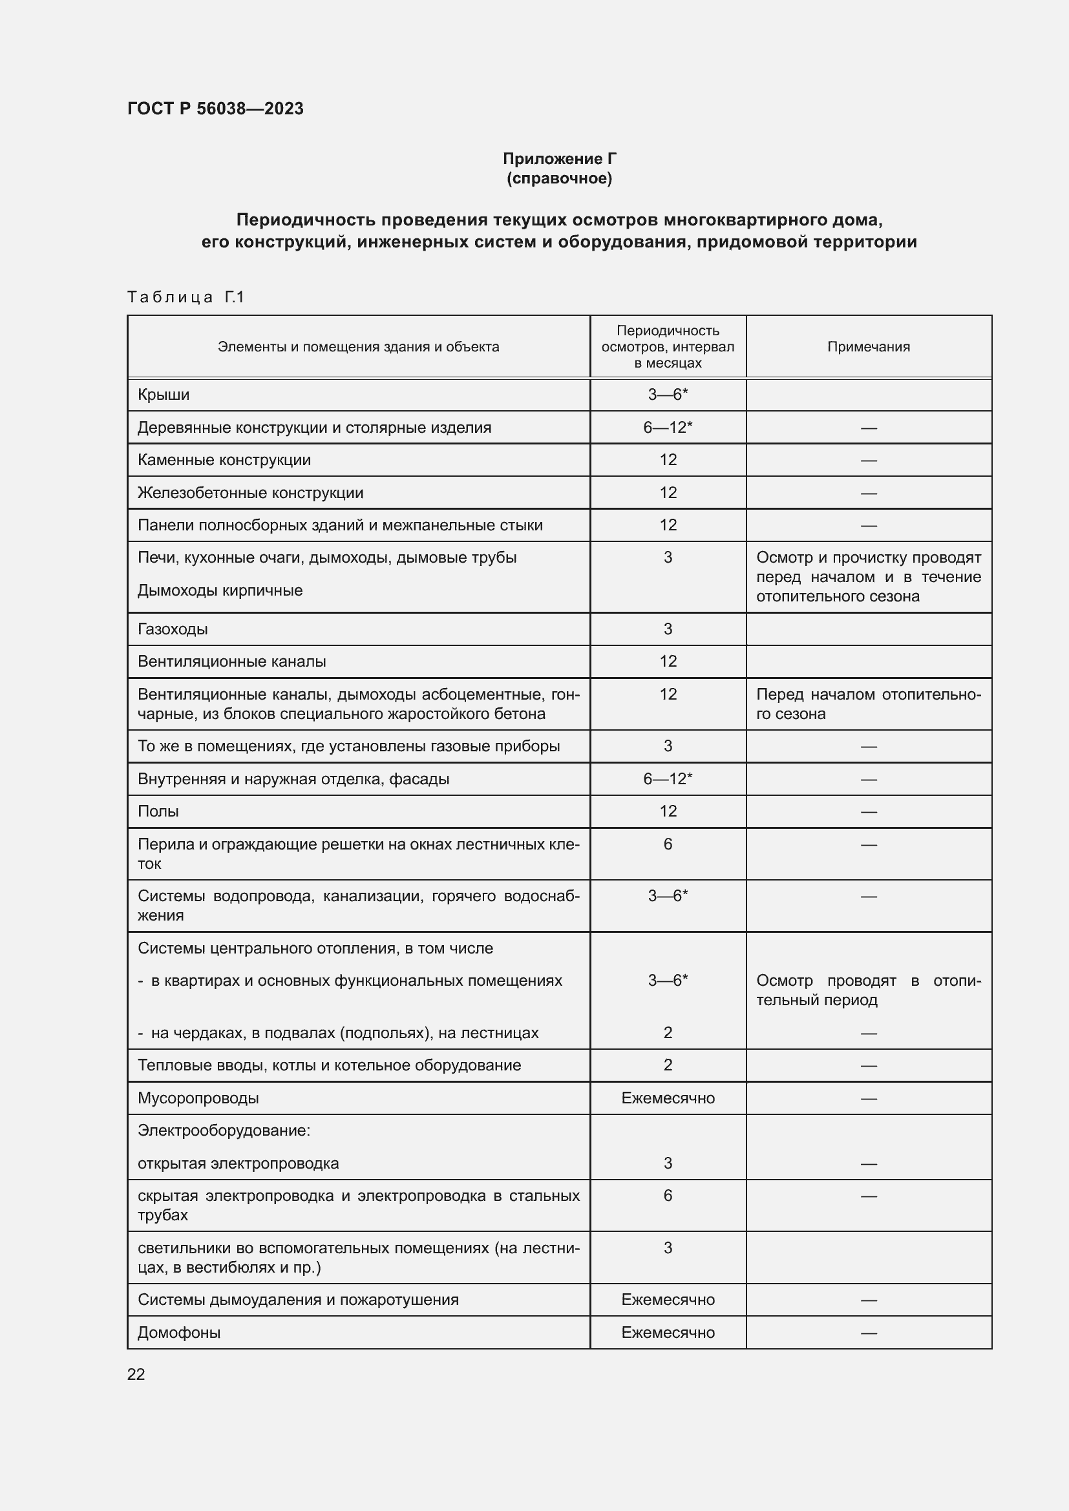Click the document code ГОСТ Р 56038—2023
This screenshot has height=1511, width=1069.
coord(215,109)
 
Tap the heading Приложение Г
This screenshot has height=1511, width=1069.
coord(560,159)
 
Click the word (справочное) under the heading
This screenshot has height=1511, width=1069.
coord(560,178)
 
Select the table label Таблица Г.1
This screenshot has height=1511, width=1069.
coord(185,297)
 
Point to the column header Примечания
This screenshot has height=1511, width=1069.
coord(868,347)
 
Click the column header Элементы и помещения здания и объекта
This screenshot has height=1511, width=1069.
coord(358,347)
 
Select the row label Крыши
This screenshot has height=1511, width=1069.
coord(164,395)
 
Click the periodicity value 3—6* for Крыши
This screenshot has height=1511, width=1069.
coord(668,395)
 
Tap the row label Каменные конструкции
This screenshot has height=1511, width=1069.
coord(224,460)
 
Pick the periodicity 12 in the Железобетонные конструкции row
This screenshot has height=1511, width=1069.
coord(668,493)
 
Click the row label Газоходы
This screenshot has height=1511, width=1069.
coord(173,629)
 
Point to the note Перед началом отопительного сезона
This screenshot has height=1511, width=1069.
coord(867,704)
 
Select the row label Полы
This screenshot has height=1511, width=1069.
coord(158,811)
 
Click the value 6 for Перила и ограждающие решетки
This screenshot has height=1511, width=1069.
coord(668,844)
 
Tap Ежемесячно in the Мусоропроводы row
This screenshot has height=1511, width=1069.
coord(668,1098)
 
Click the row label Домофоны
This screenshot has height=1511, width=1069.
coord(179,1333)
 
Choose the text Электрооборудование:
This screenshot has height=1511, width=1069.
coord(224,1131)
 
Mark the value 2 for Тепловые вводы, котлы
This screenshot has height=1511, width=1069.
coord(668,1065)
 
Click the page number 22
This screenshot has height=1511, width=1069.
coord(136,1374)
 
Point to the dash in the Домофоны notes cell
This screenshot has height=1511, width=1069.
coord(868,1333)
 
